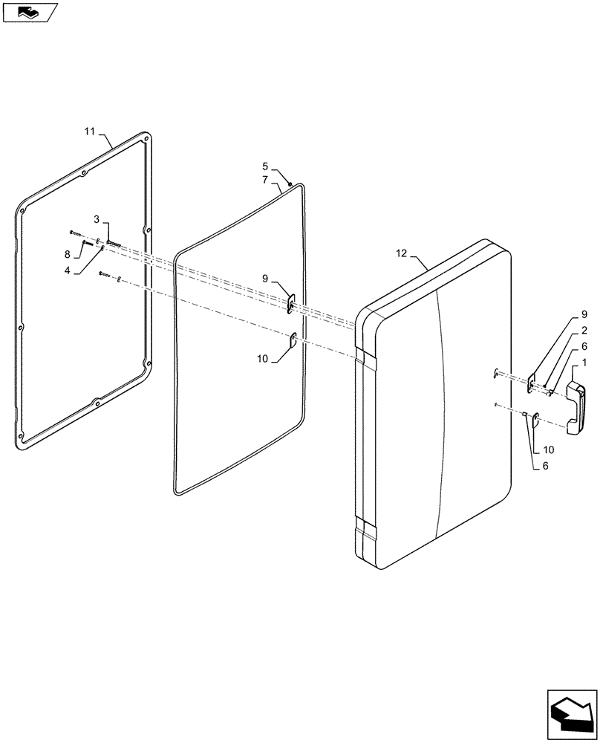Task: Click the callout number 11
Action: pyautogui.click(x=89, y=132)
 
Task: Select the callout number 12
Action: pyautogui.click(x=402, y=254)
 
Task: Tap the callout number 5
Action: pyautogui.click(x=264, y=166)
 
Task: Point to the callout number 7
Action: pyautogui.click(x=264, y=180)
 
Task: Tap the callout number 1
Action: pyautogui.click(x=584, y=362)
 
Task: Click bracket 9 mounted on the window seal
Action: pyautogui.click(x=292, y=303)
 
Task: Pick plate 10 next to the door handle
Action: pyautogui.click(x=535, y=421)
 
